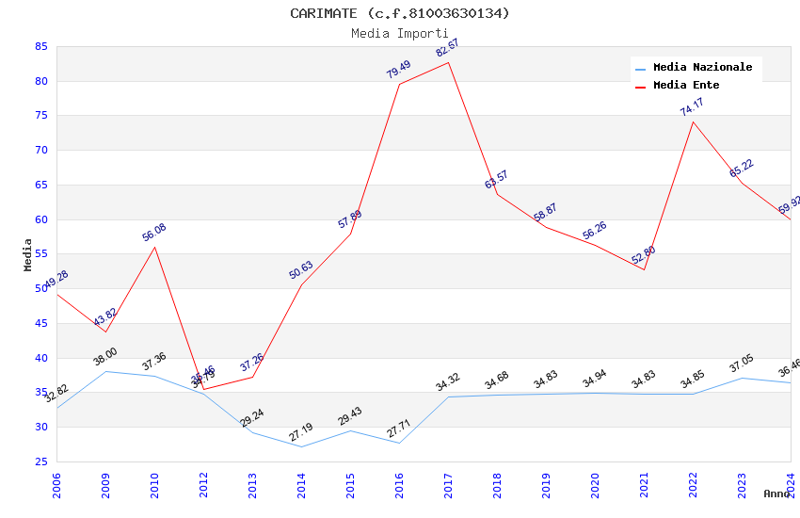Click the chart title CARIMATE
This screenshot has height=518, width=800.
pyautogui.click(x=400, y=13)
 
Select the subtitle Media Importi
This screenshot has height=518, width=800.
pyautogui.click(x=400, y=33)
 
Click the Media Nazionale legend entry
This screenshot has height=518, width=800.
pyautogui.click(x=702, y=67)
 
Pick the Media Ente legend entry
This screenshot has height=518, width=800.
pyautogui.click(x=686, y=85)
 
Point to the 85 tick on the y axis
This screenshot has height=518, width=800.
pyautogui.click(x=40, y=46)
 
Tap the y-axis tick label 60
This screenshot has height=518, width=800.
pyautogui.click(x=40, y=219)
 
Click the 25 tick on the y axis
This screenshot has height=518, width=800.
pyautogui.click(x=40, y=461)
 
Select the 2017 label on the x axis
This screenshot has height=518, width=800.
pyautogui.click(x=449, y=484)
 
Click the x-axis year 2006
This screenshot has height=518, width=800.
pyautogui.click(x=57, y=484)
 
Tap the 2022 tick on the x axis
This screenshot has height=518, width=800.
pyautogui.click(x=694, y=484)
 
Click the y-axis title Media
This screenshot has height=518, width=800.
pyautogui.click(x=27, y=254)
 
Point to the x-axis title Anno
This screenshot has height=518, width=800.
pyautogui.click(x=776, y=494)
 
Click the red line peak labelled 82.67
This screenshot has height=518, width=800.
pyautogui.click(x=448, y=62)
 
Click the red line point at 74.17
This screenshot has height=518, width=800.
pyautogui.click(x=694, y=121)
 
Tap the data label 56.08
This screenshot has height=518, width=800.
pyautogui.click(x=154, y=233)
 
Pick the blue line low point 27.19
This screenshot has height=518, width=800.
pyautogui.click(x=301, y=446)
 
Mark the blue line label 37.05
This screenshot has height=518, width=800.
pyautogui.click(x=742, y=364)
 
